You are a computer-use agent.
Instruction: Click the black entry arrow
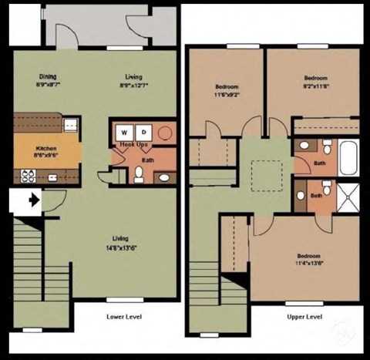pos(32,200)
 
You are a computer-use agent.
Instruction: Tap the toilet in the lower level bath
pos(139,173)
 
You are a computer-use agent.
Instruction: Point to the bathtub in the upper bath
pos(348,156)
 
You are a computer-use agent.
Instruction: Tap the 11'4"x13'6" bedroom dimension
pos(308,264)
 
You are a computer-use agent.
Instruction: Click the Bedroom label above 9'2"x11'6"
pos(315,78)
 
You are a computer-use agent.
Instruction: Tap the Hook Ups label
pos(133,146)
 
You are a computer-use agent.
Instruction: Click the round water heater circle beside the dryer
pos(165,133)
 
